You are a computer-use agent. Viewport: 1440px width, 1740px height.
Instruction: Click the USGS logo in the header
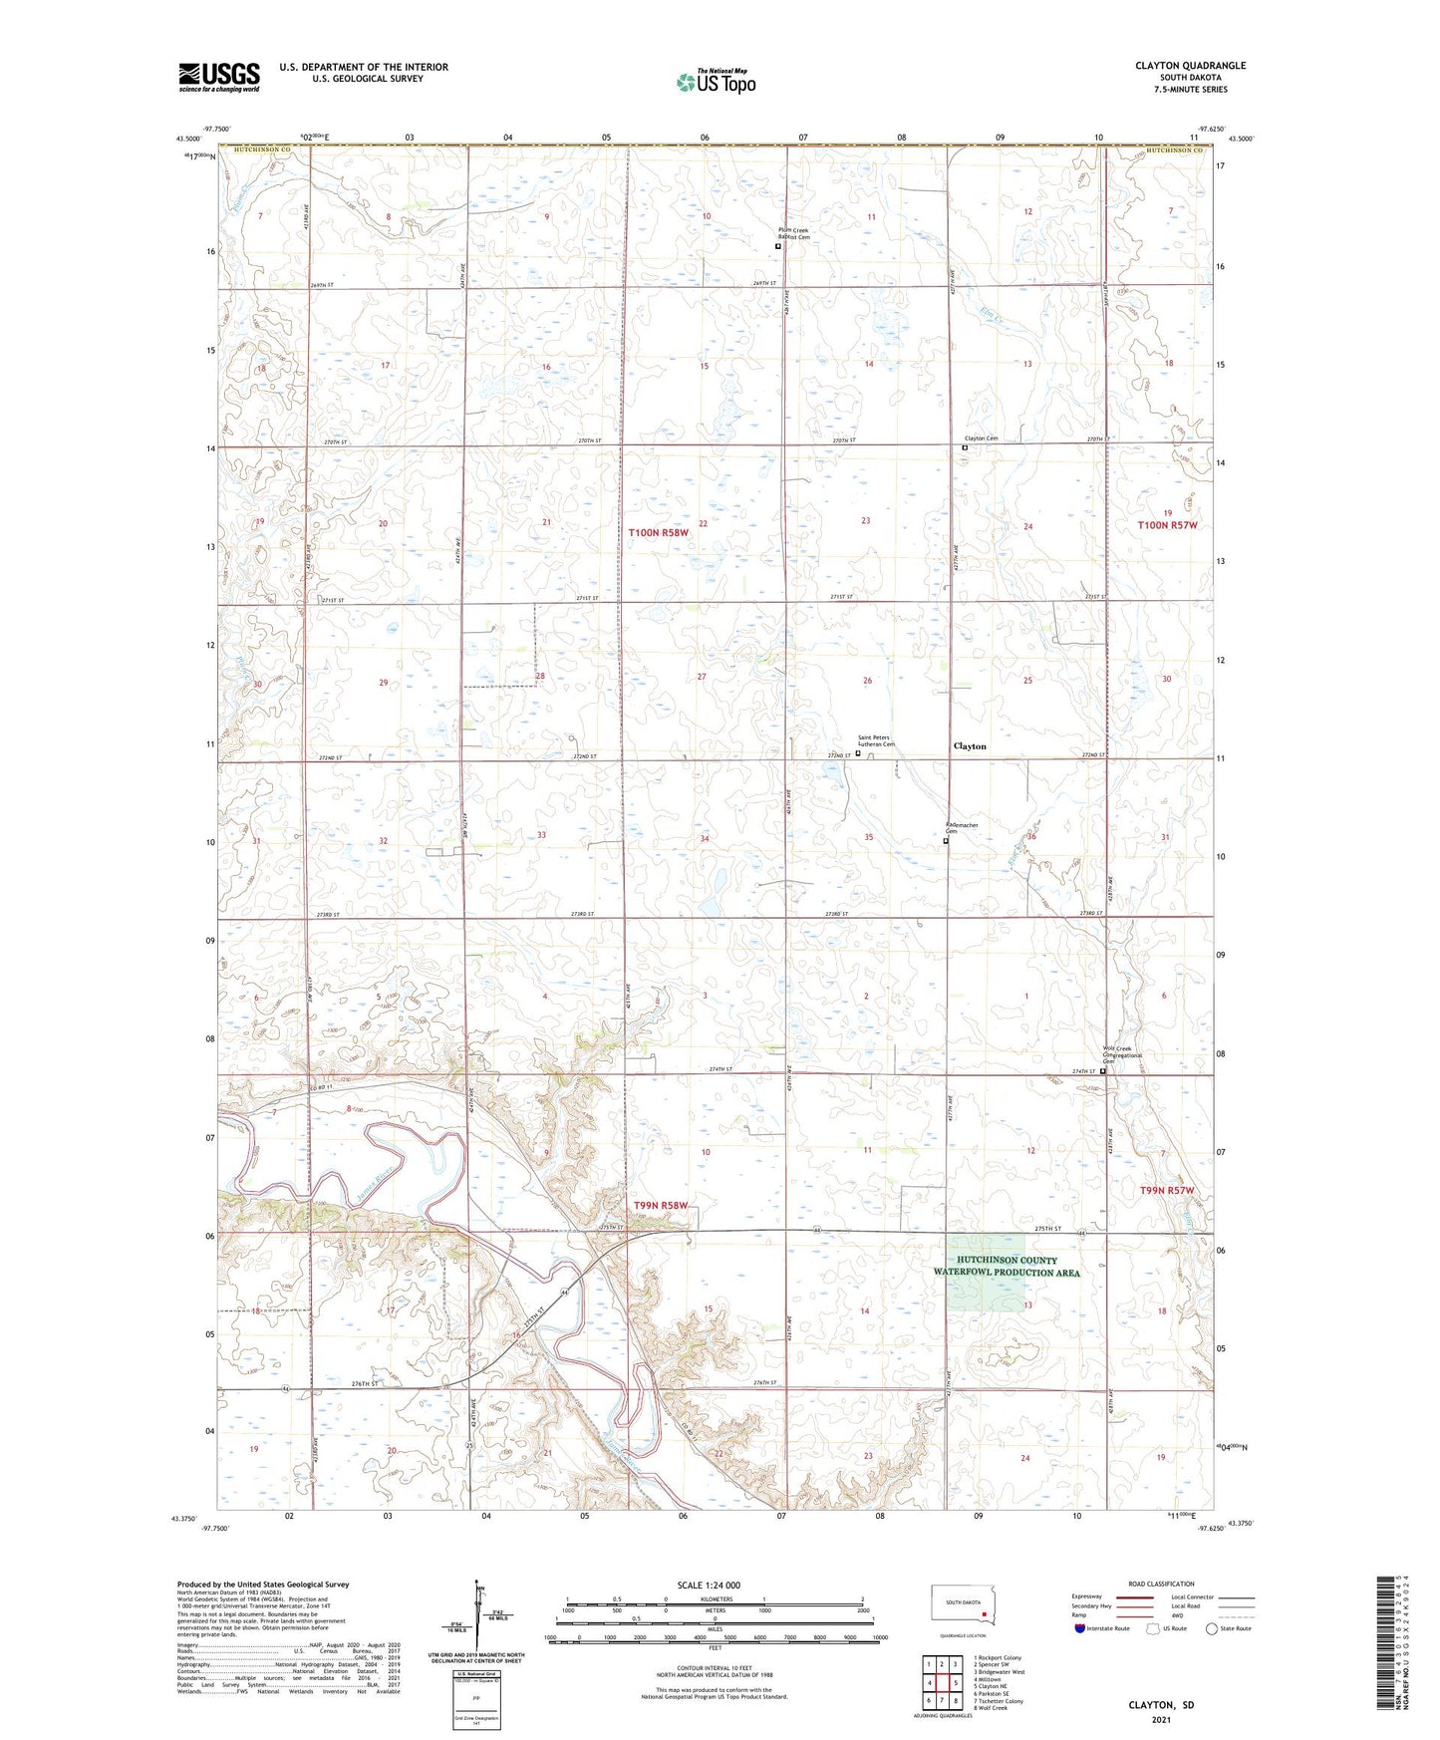coord(219,77)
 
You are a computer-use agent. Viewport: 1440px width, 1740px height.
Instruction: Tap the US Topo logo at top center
coord(715,82)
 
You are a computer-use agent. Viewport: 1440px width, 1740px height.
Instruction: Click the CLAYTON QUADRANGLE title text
coord(1190,66)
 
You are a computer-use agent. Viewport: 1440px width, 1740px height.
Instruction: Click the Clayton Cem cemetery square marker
coord(965,448)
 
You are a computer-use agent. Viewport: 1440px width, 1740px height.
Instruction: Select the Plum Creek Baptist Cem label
coord(793,233)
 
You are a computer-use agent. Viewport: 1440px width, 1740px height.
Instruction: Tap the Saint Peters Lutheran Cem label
coord(877,740)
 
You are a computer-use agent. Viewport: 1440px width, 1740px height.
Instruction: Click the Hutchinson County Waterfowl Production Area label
coord(1007,1267)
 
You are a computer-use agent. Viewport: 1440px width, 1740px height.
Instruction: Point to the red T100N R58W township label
coord(658,533)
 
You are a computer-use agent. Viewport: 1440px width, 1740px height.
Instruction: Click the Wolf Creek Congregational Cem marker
coord(1103,1072)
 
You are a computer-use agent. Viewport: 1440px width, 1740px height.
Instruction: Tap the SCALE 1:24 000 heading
coord(709,1585)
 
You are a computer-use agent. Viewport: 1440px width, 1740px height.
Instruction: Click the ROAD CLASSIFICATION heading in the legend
coord(1161,1584)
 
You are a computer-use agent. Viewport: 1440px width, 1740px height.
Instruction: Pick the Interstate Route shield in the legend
coord(1080,1628)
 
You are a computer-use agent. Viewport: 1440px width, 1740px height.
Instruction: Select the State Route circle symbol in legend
coord(1212,1628)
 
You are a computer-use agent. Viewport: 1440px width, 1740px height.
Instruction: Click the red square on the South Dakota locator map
coord(984,1616)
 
